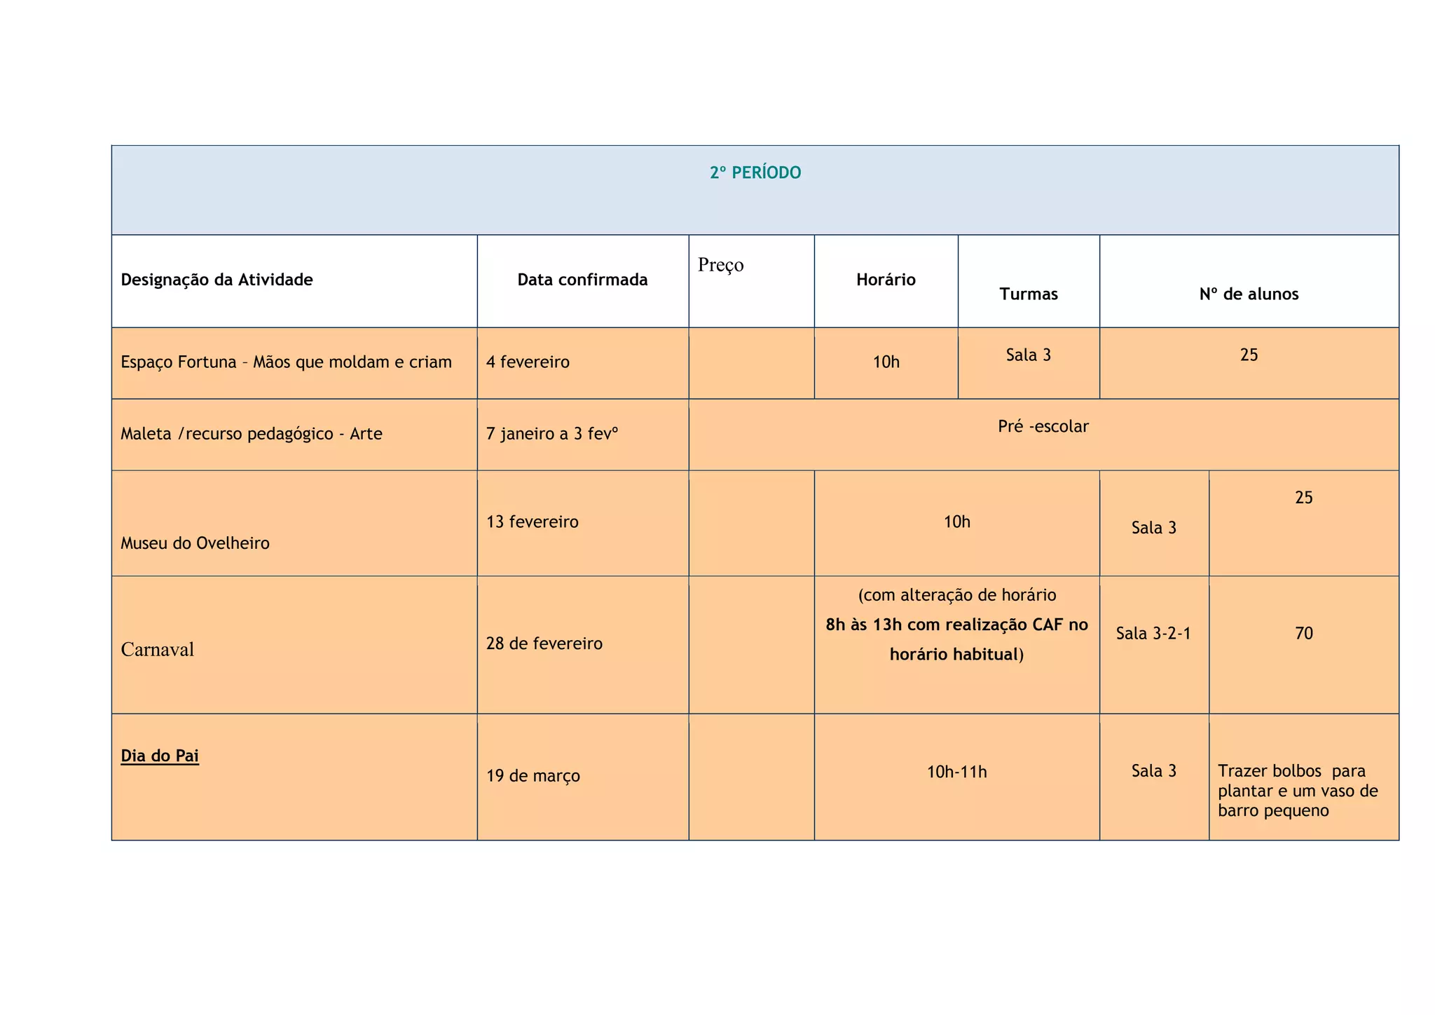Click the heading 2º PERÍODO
coord(755,173)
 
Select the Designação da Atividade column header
coord(217,280)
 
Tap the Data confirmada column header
coord(582,280)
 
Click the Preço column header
coord(720,265)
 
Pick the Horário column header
coord(886,280)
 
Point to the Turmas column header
coord(1028,294)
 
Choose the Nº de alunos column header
coord(1249,294)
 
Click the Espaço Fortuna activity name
coord(286,362)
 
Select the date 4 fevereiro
coord(528,362)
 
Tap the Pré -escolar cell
coord(1043,426)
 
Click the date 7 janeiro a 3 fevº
coord(552,434)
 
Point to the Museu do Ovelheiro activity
coord(195,543)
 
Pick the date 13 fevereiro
coord(533,522)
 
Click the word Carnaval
coord(157,650)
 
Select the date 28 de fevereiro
coord(544,643)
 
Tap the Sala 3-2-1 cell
coord(1153,634)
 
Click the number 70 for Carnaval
coord(1303,634)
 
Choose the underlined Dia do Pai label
coord(160,756)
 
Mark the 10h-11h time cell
coord(956,772)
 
